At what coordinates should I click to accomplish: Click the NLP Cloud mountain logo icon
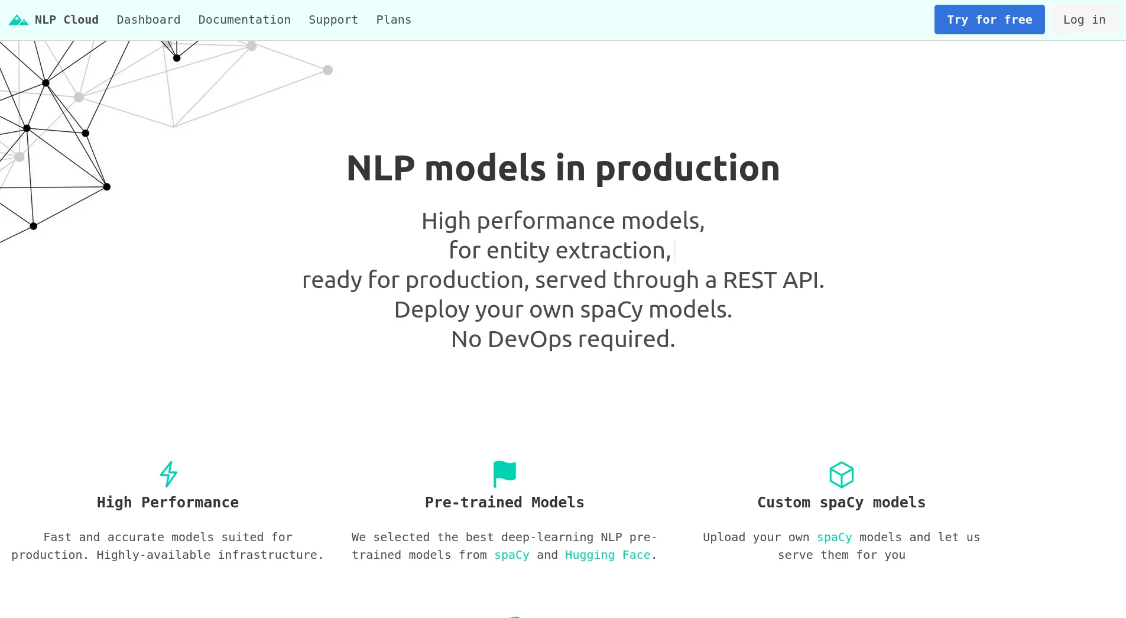pyautogui.click(x=18, y=20)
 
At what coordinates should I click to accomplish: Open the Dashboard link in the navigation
pyautogui.click(x=148, y=20)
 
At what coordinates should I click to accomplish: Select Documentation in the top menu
pyautogui.click(x=244, y=20)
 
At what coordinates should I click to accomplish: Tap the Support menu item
pyautogui.click(x=333, y=20)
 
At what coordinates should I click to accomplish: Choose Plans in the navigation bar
pyautogui.click(x=394, y=20)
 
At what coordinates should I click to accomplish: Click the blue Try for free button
pyautogui.click(x=989, y=20)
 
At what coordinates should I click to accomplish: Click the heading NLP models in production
pyautogui.click(x=563, y=168)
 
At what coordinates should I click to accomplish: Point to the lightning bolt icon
pyautogui.click(x=168, y=474)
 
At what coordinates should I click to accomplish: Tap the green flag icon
pyautogui.click(x=504, y=474)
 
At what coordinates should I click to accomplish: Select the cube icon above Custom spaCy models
pyautogui.click(x=841, y=474)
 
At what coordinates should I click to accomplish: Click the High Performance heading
pyautogui.click(x=168, y=503)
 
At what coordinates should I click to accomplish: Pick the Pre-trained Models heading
pyautogui.click(x=504, y=503)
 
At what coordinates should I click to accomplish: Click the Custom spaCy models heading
pyautogui.click(x=841, y=503)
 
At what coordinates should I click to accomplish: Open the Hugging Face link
pyautogui.click(x=608, y=555)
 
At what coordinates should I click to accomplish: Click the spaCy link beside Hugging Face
pyautogui.click(x=512, y=555)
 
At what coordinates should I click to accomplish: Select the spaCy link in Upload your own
pyautogui.click(x=834, y=538)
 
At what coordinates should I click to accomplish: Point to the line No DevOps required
pyautogui.click(x=563, y=339)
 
